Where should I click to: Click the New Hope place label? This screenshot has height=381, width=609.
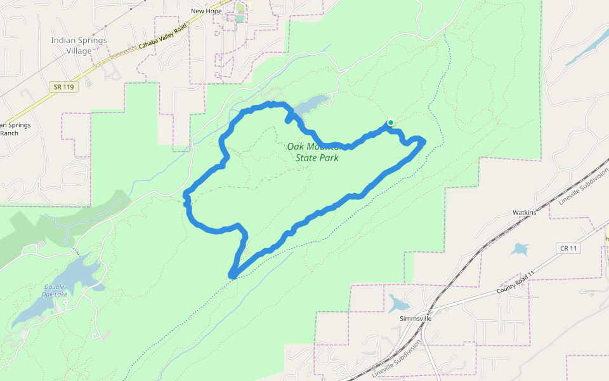click(x=206, y=11)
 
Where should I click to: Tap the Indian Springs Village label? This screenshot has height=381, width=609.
click(x=79, y=45)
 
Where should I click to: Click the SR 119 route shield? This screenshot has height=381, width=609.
click(x=63, y=86)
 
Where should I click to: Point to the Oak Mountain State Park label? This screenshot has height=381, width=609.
click(x=313, y=151)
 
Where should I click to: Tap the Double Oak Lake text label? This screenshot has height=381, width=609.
click(x=56, y=290)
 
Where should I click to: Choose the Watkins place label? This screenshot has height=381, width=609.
click(x=524, y=212)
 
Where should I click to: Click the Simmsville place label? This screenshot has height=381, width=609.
click(x=416, y=318)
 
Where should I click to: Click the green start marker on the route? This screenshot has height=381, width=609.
click(x=391, y=123)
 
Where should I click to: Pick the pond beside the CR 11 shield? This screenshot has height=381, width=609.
click(x=521, y=248)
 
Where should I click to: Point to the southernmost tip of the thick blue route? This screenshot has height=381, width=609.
click(x=233, y=276)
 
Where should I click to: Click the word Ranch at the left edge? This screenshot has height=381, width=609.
click(x=9, y=133)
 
